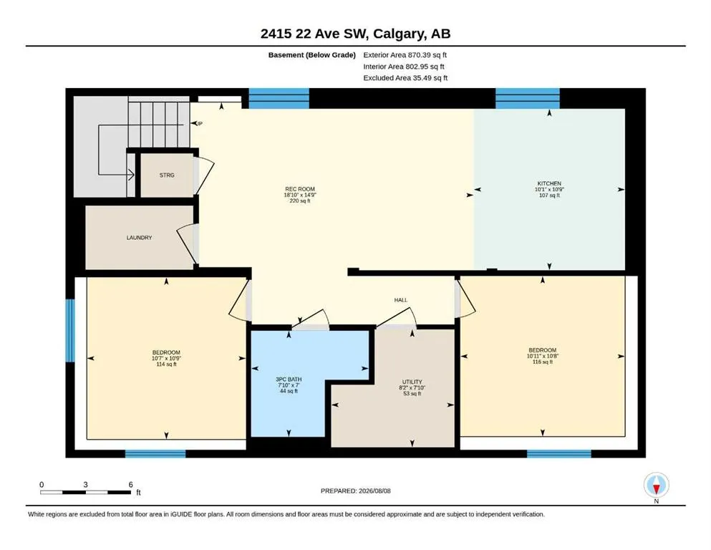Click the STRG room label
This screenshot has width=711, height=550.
pyautogui.click(x=167, y=175)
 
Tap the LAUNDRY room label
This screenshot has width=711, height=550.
pyautogui.click(x=139, y=238)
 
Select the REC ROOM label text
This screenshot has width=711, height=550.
pyautogui.click(x=300, y=189)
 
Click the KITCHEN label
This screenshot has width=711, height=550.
pyautogui.click(x=549, y=183)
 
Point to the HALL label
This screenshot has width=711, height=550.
pyautogui.click(x=401, y=300)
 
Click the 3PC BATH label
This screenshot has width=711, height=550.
pyautogui.click(x=289, y=380)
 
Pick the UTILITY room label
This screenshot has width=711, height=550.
pyautogui.click(x=412, y=382)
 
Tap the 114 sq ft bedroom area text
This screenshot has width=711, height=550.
pyautogui.click(x=166, y=364)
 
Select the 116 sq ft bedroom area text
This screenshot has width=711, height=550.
pyautogui.click(x=542, y=362)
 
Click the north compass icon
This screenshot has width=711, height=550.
pyautogui.click(x=656, y=485)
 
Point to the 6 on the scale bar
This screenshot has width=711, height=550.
pyautogui.click(x=130, y=485)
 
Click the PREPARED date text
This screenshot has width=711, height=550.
pyautogui.click(x=355, y=491)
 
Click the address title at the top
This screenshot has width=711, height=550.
pyautogui.click(x=355, y=34)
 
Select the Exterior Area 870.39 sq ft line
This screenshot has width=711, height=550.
pyautogui.click(x=405, y=55)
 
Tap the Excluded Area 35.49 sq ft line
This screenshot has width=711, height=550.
pyautogui.click(x=405, y=77)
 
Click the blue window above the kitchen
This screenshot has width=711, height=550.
pyautogui.click(x=528, y=98)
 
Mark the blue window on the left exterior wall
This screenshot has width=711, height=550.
pyautogui.click(x=70, y=331)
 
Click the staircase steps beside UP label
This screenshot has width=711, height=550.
pyautogui.click(x=159, y=124)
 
